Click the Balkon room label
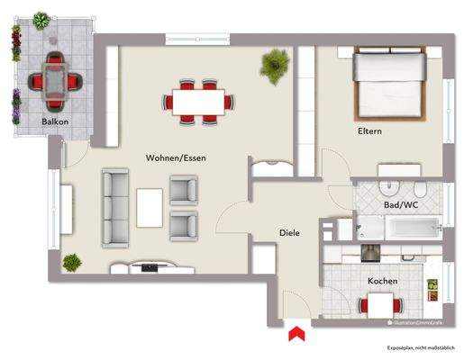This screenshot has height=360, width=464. click(54, 121)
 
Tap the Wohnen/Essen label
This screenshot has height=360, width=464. click(177, 157)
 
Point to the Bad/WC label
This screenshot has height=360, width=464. click(400, 205)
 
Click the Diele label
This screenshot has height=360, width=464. click(289, 233)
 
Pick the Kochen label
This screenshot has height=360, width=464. click(382, 281)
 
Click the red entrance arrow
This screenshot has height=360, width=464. click(295, 336)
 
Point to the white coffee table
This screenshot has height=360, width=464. click(150, 207)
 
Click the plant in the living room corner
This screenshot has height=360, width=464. click(71, 262)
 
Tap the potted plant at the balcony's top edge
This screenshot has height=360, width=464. click(41, 19)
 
